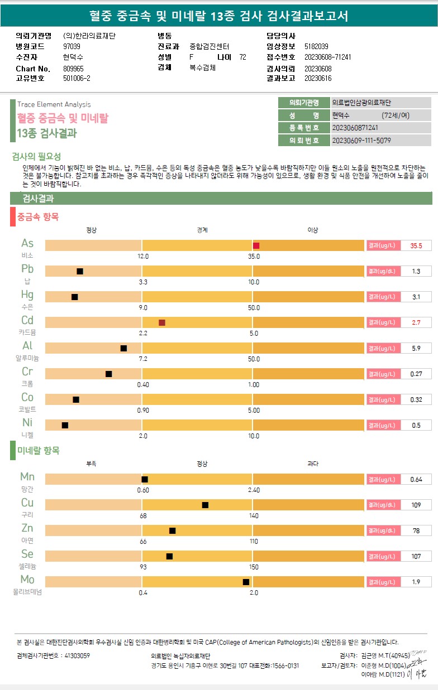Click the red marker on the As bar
(256, 245)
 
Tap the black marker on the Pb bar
(80, 271)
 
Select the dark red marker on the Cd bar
(162, 322)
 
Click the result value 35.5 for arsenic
(416, 245)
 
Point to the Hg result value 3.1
(416, 297)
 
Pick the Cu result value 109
(416, 505)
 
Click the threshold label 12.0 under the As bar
(143, 256)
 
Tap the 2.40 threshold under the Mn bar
(254, 490)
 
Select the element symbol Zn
(27, 528)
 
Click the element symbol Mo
(27, 579)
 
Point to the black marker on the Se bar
(169, 556)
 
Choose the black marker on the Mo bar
(246, 582)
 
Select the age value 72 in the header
(242, 57)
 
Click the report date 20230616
(318, 79)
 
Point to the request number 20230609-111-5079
(361, 141)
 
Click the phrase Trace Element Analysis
(54, 104)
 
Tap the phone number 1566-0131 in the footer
(285, 665)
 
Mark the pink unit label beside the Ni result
(383, 425)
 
